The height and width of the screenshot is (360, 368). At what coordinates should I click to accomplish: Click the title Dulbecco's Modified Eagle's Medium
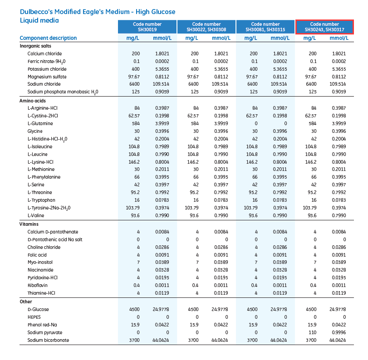pos(98,11)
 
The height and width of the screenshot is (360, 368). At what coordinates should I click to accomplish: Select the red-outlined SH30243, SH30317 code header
pos(324,27)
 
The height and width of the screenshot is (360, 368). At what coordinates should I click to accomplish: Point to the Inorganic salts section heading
pos(35,46)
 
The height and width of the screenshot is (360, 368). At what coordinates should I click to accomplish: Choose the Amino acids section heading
pos(33,100)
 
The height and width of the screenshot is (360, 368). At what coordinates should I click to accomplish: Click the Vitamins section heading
pos(29,224)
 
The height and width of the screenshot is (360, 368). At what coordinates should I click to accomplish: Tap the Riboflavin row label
pos(38,286)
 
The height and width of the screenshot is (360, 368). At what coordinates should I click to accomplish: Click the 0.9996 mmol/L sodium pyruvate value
pos(338,332)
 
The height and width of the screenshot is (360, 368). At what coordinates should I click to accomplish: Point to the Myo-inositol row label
pos(41,263)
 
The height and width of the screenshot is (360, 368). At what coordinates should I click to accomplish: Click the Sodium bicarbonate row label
pos(48,340)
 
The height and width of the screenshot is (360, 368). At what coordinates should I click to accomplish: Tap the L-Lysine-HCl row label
pos(40,162)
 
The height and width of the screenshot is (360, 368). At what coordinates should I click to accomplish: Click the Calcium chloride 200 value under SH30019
pos(136,54)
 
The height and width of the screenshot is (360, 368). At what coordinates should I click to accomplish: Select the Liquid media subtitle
pos(39,20)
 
